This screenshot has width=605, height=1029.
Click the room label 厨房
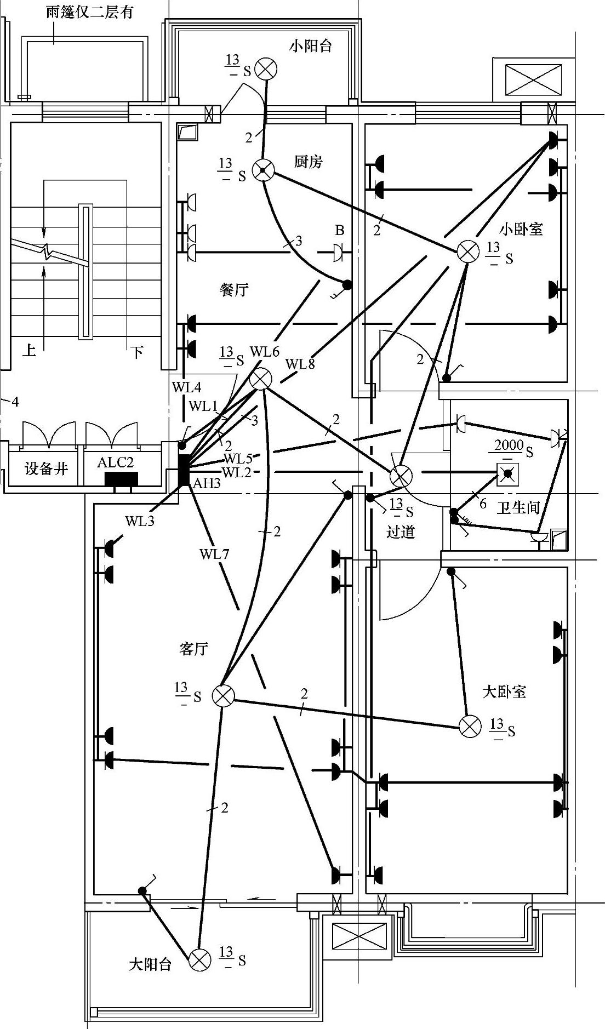[309, 162]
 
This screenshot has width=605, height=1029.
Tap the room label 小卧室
[521, 228]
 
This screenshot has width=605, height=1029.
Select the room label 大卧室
[504, 691]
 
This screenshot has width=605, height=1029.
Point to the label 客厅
[194, 649]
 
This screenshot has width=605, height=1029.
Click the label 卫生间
[518, 507]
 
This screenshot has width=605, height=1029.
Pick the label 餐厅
[234, 290]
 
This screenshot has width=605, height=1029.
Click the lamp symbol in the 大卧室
[470, 727]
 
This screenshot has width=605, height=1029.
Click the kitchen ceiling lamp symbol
[263, 171]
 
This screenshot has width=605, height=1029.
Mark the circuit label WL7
[214, 554]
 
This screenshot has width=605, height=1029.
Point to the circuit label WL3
[140, 521]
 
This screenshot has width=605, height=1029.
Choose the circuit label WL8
[300, 363]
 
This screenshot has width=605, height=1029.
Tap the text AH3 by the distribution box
[207, 483]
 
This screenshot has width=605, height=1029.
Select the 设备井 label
[46, 468]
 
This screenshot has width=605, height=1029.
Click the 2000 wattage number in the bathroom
[509, 445]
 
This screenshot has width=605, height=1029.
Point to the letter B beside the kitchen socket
[340, 230]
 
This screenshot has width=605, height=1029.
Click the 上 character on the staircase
[29, 350]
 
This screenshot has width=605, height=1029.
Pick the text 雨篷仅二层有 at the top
[90, 12]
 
